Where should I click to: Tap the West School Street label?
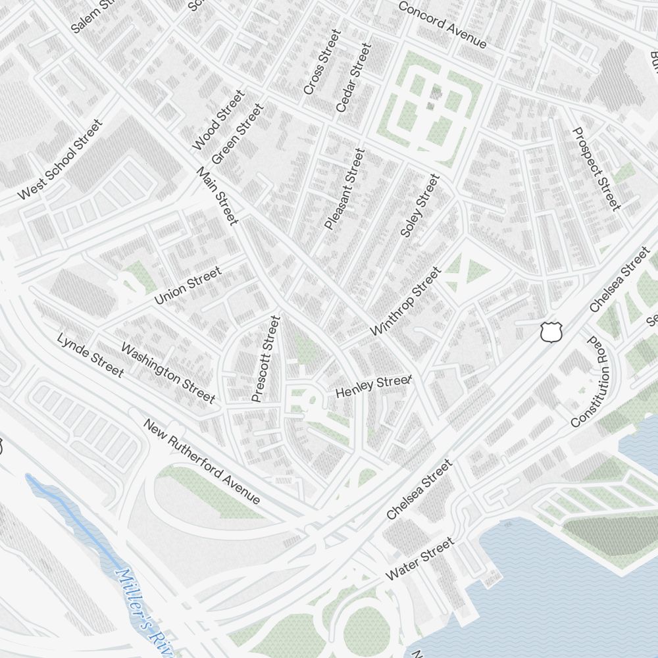coord(61,160)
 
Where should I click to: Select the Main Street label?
coord(217,196)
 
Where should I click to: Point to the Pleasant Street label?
coord(344,189)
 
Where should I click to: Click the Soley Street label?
coord(419,205)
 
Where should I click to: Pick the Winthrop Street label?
coord(405,301)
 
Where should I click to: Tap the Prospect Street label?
coord(597,168)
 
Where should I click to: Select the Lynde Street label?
coord(90,355)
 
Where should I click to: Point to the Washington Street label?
coord(168,372)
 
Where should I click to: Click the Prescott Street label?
coord(266,359)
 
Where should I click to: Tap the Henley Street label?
coord(373,387)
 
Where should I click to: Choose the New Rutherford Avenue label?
coord(202,461)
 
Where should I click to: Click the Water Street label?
coord(419,559)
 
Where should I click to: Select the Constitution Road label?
coord(590,382)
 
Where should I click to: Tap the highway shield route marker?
coord(551,332)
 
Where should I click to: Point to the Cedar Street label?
coord(353,78)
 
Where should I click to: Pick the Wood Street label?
coord(218,120)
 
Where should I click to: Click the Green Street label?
coord(237,134)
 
